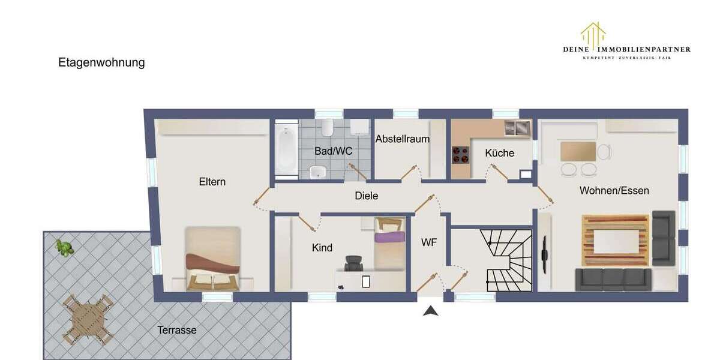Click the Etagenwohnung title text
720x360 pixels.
pyautogui.click(x=101, y=62)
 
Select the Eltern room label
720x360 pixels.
pyautogui.click(x=212, y=181)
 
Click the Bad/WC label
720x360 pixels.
pyautogui.click(x=333, y=151)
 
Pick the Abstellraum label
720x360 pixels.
pyautogui.click(x=403, y=139)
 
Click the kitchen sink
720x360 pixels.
pyautogui.click(x=518, y=127)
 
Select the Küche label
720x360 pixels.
pyautogui.click(x=500, y=153)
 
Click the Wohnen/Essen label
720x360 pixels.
pyautogui.click(x=614, y=190)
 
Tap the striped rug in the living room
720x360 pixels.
pyautogui.click(x=616, y=240)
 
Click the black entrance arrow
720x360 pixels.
pyautogui.click(x=430, y=310)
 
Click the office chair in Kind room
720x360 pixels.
pyautogui.click(x=354, y=264)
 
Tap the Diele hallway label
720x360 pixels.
pyautogui.click(x=367, y=196)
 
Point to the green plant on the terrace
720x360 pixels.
pyautogui.click(x=64, y=247)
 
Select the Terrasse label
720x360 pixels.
pyautogui.click(x=177, y=330)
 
